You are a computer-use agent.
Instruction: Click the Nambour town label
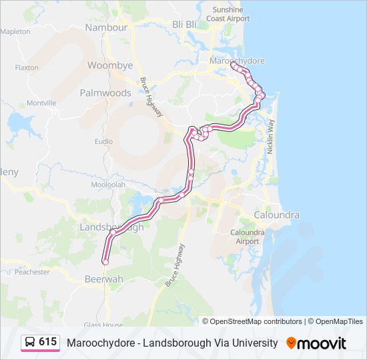[x=106, y=28]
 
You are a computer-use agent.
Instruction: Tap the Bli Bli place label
[x=185, y=24]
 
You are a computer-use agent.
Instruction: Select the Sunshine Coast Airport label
[x=228, y=14]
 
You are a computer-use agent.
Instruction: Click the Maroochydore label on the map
[x=238, y=61]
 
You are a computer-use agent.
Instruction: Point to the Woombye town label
[x=110, y=66]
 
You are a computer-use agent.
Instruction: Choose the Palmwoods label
[x=105, y=93]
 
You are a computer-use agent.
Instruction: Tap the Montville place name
[x=41, y=103]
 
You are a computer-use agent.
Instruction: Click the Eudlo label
[x=103, y=141]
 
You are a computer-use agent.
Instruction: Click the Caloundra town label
[x=276, y=215]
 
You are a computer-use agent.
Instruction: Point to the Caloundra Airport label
[x=248, y=237]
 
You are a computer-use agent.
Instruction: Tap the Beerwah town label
[x=105, y=279]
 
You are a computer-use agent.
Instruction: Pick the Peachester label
[x=32, y=272]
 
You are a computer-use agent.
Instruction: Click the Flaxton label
[x=27, y=67]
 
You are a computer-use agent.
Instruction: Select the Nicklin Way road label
[x=271, y=137]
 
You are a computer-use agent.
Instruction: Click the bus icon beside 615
[x=30, y=342]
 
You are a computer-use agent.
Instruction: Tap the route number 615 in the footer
[x=47, y=342]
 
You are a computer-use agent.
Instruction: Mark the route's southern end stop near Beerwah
[x=105, y=262]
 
